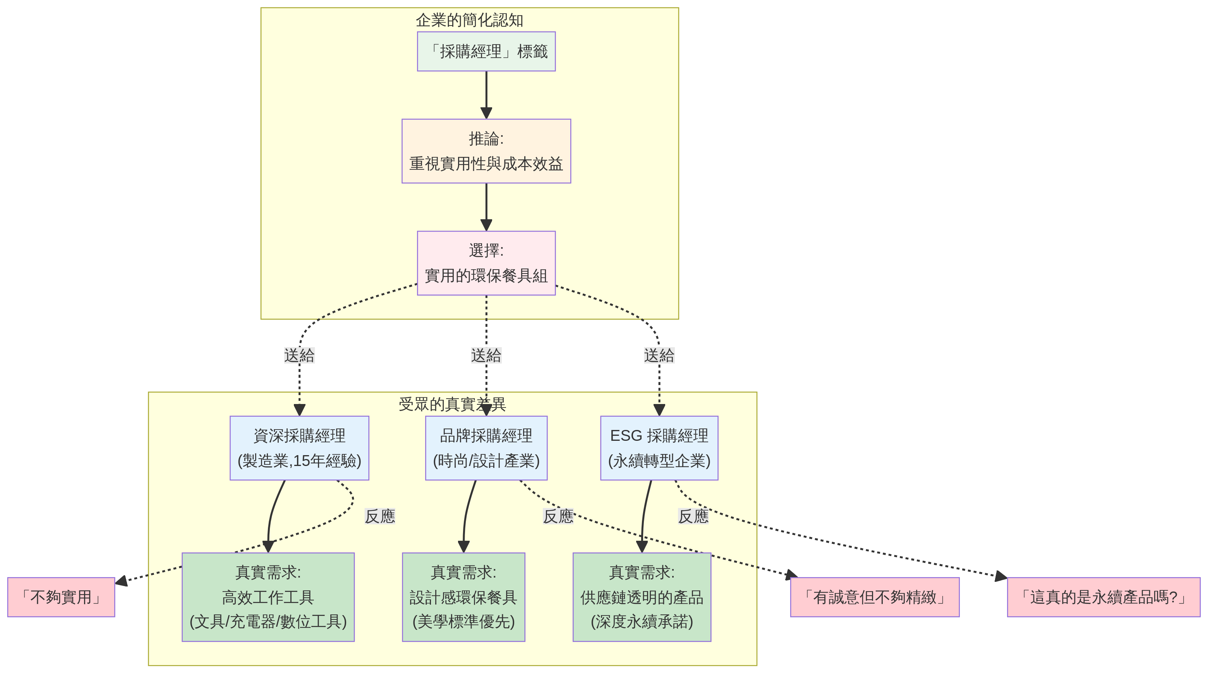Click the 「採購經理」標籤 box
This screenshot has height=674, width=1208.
[x=486, y=52]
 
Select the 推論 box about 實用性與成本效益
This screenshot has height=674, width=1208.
[x=486, y=151]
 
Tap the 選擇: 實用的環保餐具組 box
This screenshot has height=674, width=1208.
[x=486, y=263]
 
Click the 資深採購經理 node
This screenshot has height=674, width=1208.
[x=299, y=448]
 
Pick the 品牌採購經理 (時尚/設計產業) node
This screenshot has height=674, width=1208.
[x=486, y=448]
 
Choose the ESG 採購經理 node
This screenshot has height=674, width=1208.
[x=659, y=448]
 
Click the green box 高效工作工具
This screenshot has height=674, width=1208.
[x=268, y=597]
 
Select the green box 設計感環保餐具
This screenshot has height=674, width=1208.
[x=463, y=597]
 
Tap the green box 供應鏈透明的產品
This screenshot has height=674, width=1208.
[x=642, y=597]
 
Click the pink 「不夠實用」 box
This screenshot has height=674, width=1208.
[x=61, y=597]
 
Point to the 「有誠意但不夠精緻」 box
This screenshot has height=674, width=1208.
[x=875, y=597]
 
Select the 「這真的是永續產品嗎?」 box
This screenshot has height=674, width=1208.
[x=1103, y=597]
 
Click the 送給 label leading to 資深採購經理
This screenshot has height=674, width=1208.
[x=299, y=355]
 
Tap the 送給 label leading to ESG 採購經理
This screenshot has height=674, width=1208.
[x=659, y=355]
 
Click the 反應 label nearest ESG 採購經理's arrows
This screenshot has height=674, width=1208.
[x=693, y=516]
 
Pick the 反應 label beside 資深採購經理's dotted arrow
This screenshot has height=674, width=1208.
[x=380, y=516]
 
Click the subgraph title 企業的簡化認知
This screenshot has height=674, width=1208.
[x=469, y=20]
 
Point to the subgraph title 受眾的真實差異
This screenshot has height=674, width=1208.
[x=452, y=404]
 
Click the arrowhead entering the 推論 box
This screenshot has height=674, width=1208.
[x=486, y=113]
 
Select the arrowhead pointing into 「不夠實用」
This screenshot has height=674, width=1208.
[x=121, y=581]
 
